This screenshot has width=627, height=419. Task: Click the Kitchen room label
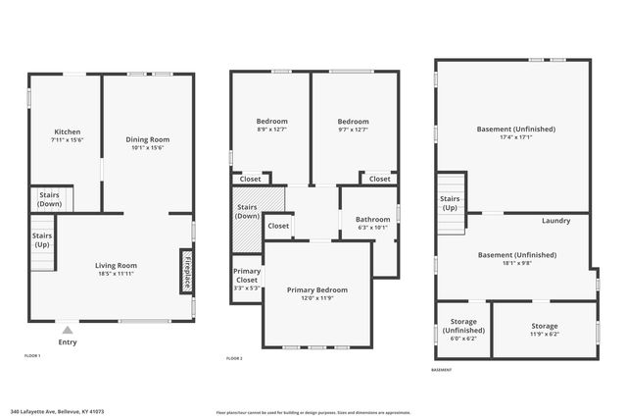coord(68,131)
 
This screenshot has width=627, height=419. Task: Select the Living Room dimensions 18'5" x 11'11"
coord(116,274)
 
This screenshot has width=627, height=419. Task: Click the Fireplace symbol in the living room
coord(185,270)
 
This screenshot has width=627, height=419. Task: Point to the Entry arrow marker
coord(67,332)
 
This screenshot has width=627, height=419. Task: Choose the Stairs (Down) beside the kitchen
coord(49,199)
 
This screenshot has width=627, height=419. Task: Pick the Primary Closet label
coord(247,280)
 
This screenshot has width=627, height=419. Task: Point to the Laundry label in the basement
coord(555,221)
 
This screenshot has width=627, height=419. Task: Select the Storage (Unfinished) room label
coord(463,326)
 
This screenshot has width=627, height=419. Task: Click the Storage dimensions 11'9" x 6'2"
coord(544,335)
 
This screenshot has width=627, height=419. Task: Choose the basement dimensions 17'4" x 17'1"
coord(516,137)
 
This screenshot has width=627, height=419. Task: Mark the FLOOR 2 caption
coord(234,359)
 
